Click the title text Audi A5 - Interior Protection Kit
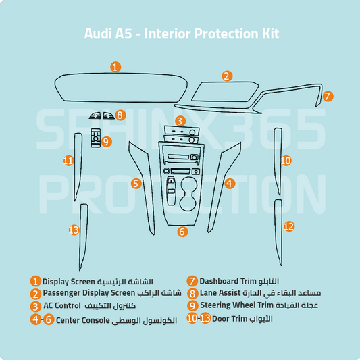pos(181,33)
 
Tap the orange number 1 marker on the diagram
pos(115,67)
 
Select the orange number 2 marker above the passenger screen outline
pos(227,76)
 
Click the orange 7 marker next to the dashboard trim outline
pos(327,96)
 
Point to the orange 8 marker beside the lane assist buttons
pos(120,115)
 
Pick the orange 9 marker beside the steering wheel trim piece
pos(107,141)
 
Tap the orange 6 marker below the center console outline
pos(182,232)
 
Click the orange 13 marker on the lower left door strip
pos(74,230)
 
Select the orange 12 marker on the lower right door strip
pos(288,226)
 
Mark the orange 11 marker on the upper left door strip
pos(68,161)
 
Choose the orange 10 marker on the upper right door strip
pos(286,160)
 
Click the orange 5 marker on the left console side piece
pos(136,183)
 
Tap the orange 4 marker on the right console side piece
pos(230,183)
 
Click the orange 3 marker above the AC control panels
pos(180,121)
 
